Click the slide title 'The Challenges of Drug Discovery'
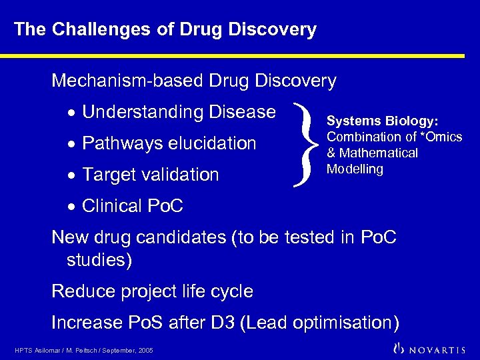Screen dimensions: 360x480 click(165, 29)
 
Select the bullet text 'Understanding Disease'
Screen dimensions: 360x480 click(179, 112)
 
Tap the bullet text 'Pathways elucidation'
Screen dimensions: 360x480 click(169, 143)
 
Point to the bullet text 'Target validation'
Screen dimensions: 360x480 click(150, 175)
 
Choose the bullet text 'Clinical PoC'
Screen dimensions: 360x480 click(132, 206)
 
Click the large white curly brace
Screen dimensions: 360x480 click(305, 143)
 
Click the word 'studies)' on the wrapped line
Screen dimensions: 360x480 click(99, 260)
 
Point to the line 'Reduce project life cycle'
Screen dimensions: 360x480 click(152, 291)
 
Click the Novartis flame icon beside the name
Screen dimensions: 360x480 click(399, 347)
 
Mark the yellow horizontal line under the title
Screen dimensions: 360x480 click(240, 56)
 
